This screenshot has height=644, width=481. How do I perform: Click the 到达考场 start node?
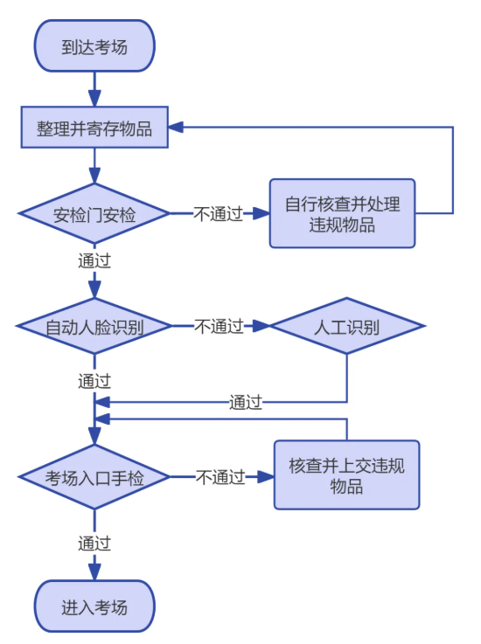click(x=94, y=46)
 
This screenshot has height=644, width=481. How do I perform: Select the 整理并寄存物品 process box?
click(x=94, y=128)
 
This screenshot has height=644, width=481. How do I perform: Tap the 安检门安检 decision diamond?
click(x=94, y=213)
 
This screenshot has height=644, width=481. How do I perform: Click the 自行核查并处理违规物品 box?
click(x=342, y=213)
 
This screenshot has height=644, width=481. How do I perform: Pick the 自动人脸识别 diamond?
click(x=94, y=327)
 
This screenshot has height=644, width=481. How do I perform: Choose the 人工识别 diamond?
click(x=347, y=327)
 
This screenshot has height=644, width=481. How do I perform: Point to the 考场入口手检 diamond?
click(x=94, y=477)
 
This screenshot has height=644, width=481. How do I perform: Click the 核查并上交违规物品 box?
click(x=347, y=475)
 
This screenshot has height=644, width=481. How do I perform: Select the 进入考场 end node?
click(x=94, y=606)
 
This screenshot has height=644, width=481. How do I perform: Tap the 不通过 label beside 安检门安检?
click(x=218, y=213)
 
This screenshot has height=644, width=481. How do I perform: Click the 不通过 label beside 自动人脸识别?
click(x=218, y=327)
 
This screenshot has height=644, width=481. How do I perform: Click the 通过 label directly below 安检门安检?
click(x=94, y=260)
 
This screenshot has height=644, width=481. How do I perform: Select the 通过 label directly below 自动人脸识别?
click(x=94, y=381)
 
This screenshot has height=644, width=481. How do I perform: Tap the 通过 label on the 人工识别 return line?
click(x=246, y=403)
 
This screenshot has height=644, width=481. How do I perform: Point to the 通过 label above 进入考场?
click(x=94, y=544)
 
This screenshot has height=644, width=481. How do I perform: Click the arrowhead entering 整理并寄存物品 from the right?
click(x=176, y=128)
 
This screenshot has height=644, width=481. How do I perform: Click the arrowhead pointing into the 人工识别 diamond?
click(x=261, y=327)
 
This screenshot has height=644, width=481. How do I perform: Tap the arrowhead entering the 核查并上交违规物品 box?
click(x=266, y=477)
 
